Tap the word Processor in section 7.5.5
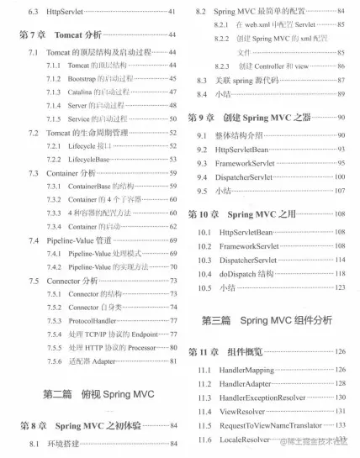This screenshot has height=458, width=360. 149,348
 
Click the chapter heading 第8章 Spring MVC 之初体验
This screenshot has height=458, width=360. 95,424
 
